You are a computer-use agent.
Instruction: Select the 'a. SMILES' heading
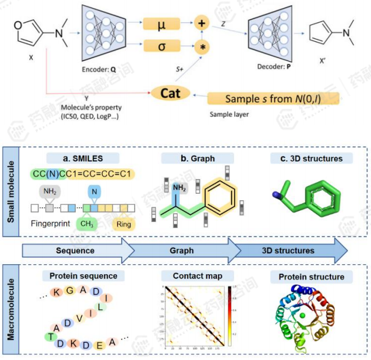[82, 158]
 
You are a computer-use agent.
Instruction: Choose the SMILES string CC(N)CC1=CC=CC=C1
[83, 174]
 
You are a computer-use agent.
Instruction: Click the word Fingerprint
[51, 224]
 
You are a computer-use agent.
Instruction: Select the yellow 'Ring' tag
[124, 224]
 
